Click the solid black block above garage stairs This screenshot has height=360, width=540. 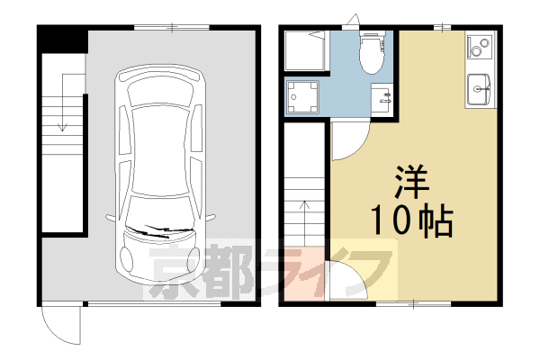click(63, 40)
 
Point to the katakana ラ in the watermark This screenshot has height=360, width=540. click(288, 270)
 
